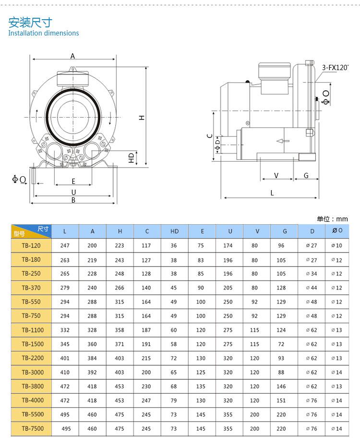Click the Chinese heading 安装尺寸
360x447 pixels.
pos(30,22)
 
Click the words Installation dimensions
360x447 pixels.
pos(44,33)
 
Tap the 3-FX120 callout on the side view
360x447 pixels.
pos(335,68)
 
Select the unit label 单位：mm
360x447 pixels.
pos(332,219)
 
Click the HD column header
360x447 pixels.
pos(174,231)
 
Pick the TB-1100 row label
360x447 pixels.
pos(33,330)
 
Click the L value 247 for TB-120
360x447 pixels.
pos(65,245)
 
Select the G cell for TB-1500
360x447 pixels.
pos(281,344)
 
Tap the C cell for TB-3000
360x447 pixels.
pos(146,372)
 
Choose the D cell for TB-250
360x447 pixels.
pos(312,274)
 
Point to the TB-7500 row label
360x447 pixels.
pos(33,428)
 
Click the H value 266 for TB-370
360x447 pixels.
pos(120,288)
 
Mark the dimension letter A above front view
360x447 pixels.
pos(72,56)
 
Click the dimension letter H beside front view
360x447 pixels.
pos(142,118)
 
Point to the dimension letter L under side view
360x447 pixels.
pos(272,193)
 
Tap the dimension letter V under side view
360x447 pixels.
pos(276,176)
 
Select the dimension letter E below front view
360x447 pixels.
pos(73,181)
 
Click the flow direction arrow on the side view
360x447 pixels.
pos(283,141)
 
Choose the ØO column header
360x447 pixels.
pos(337,230)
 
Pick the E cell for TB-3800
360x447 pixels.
pos(201,387)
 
